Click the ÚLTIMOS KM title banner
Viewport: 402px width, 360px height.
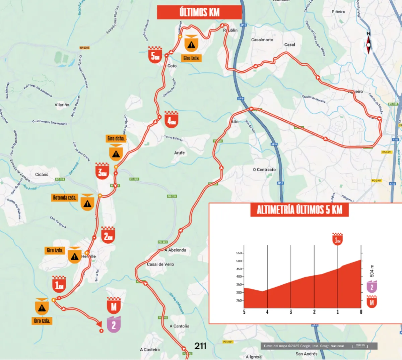click(199, 12)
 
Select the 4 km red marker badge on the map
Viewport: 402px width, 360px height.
click(172, 119)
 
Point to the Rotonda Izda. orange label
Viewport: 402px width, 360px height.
click(65, 197)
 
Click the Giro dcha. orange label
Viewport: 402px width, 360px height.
click(116, 138)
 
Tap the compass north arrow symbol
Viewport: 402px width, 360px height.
click(368, 44)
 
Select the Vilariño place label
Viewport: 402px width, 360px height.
click(62, 105)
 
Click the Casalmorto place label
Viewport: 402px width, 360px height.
click(262, 40)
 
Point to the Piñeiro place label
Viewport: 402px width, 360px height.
click(338, 12)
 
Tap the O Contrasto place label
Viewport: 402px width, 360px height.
click(264, 170)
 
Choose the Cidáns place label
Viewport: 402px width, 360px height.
click(42, 174)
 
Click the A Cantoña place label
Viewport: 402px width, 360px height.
click(180, 326)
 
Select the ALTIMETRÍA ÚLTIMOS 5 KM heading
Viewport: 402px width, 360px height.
click(299, 210)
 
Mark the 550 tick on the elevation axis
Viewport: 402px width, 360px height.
click(239, 253)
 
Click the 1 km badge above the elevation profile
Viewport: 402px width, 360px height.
click(337, 239)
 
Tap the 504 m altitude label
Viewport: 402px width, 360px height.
click(372, 271)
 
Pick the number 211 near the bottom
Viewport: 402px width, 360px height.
click(200, 346)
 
